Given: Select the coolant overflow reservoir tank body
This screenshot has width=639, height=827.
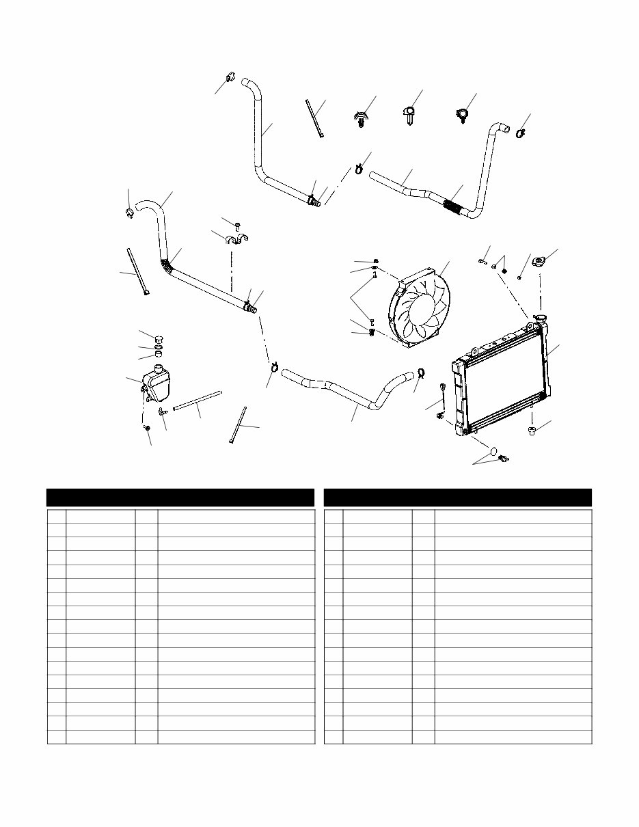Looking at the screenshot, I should pyautogui.click(x=158, y=387).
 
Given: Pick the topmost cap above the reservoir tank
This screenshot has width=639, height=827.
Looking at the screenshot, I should pyautogui.click(x=158, y=337).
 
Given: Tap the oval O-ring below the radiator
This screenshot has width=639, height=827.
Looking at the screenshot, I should pyautogui.click(x=489, y=451).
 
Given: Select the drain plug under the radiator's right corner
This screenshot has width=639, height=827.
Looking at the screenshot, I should pyautogui.click(x=532, y=430).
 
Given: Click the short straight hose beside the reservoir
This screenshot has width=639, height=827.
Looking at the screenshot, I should pyautogui.click(x=198, y=401).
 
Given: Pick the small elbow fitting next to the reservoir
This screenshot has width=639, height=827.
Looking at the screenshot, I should pyautogui.click(x=162, y=411).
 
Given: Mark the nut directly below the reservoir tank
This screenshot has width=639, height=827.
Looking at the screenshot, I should pyautogui.click(x=147, y=428).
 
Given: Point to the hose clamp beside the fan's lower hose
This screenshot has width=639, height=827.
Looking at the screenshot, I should pyautogui.click(x=421, y=372).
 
